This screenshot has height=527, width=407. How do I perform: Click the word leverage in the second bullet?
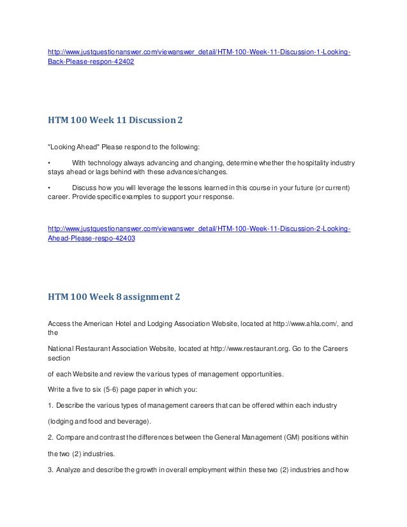154,189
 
